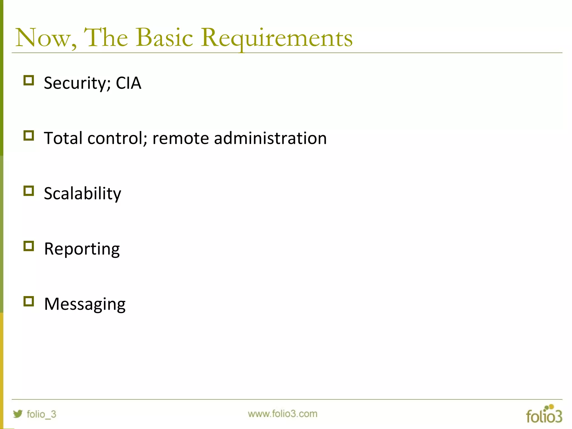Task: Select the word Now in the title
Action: click(45, 38)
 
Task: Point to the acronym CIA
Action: click(128, 83)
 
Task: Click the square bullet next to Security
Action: click(29, 80)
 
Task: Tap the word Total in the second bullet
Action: click(63, 138)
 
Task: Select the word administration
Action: click(270, 138)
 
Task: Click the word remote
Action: click(180, 138)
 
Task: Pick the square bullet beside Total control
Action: click(29, 136)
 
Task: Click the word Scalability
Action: click(83, 194)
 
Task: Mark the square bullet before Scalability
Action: click(29, 191)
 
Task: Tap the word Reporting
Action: click(82, 249)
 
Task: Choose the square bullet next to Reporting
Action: click(29, 246)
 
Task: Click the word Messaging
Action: click(85, 304)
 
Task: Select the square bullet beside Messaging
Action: click(29, 302)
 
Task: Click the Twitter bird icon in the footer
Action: click(18, 414)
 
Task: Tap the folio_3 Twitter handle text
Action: click(41, 414)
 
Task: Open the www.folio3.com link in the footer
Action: click(282, 414)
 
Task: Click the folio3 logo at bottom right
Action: click(544, 414)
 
